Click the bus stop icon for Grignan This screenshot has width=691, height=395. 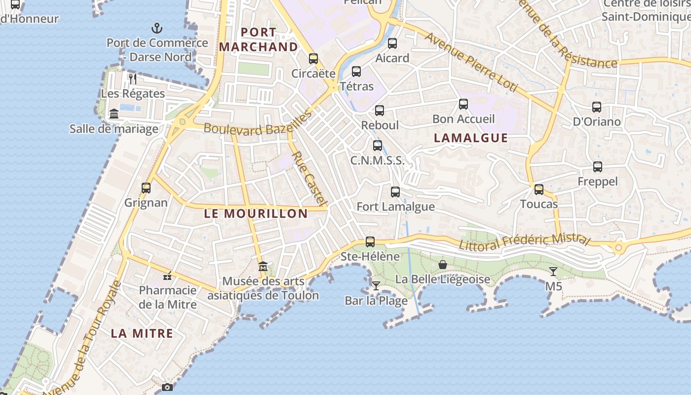coord(146,188)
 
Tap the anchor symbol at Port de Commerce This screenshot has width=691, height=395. coord(157,28)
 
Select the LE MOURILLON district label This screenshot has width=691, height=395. coord(256,214)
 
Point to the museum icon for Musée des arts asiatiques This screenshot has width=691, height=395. coord(263,267)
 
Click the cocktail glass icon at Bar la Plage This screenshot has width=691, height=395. coord(376,286)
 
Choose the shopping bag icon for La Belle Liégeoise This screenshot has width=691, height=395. coord(443,265)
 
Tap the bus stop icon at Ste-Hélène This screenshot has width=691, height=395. coord(370,242)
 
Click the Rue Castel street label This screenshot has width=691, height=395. coord(309,178)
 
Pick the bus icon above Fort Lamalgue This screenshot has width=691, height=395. coord(395,192)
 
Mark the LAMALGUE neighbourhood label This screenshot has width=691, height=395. coord(470,138)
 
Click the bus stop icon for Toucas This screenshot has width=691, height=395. coord(539,190)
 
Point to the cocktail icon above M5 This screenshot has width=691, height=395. coord(553,272)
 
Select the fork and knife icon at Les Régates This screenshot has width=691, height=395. coord(132,79)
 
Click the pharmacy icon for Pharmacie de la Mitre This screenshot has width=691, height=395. coord(167,276)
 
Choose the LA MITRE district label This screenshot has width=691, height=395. coord(142,333)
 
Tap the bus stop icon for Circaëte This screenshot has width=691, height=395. coord(313,59)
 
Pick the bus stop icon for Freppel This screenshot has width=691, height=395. coord(598,167)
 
